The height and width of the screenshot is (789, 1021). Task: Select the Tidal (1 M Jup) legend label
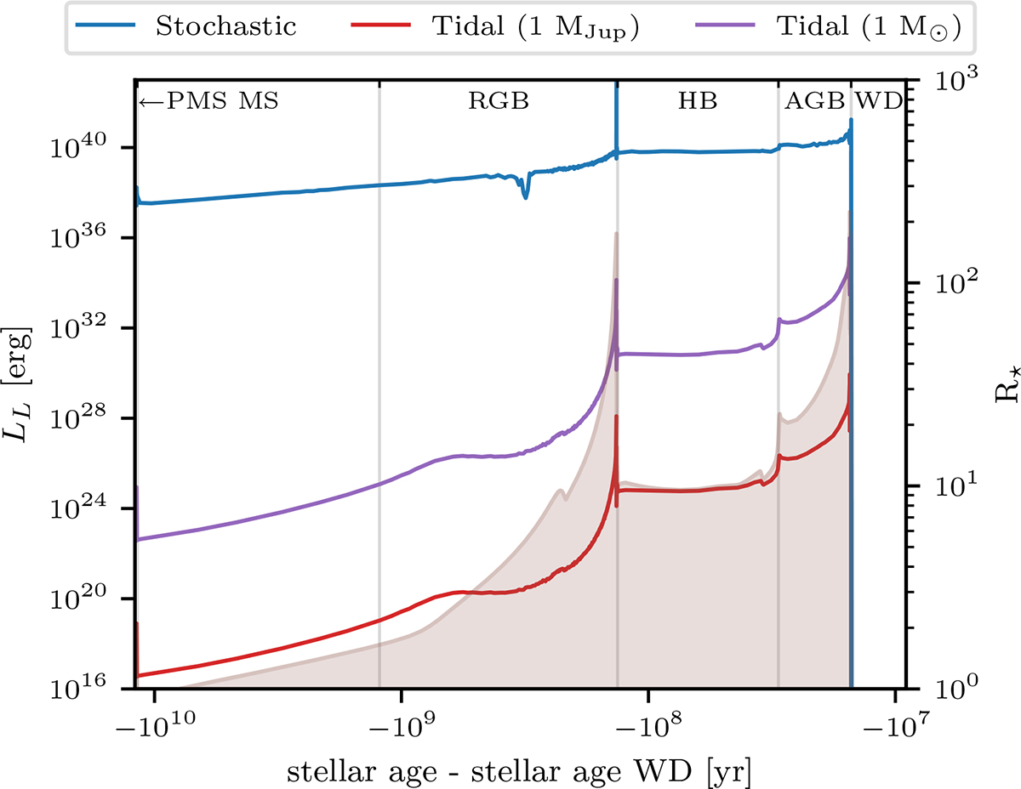click(536, 26)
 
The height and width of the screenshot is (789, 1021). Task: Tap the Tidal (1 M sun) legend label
click(869, 27)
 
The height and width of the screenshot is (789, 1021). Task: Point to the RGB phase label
click(499, 101)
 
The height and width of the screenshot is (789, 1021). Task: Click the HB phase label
click(698, 101)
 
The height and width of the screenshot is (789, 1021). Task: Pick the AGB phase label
click(815, 101)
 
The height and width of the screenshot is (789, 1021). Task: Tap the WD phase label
click(878, 101)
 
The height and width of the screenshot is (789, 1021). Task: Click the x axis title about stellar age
click(519, 770)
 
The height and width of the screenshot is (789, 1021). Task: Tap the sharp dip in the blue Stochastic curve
click(525, 195)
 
